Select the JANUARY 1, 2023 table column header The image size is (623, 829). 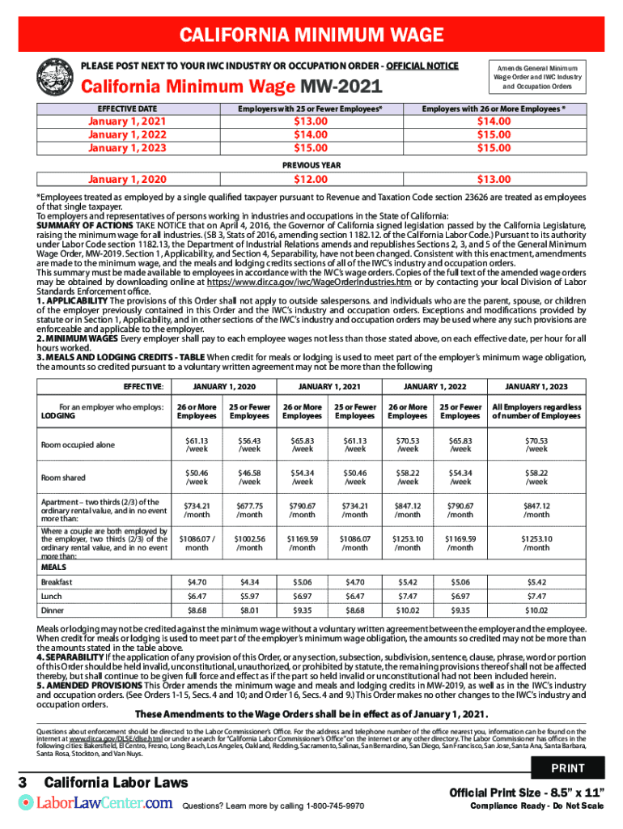click(536, 386)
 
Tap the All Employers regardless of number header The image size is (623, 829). click(536, 411)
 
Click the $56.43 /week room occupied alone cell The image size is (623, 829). click(249, 444)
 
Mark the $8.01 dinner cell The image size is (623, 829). click(249, 610)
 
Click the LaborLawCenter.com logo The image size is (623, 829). click(95, 803)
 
